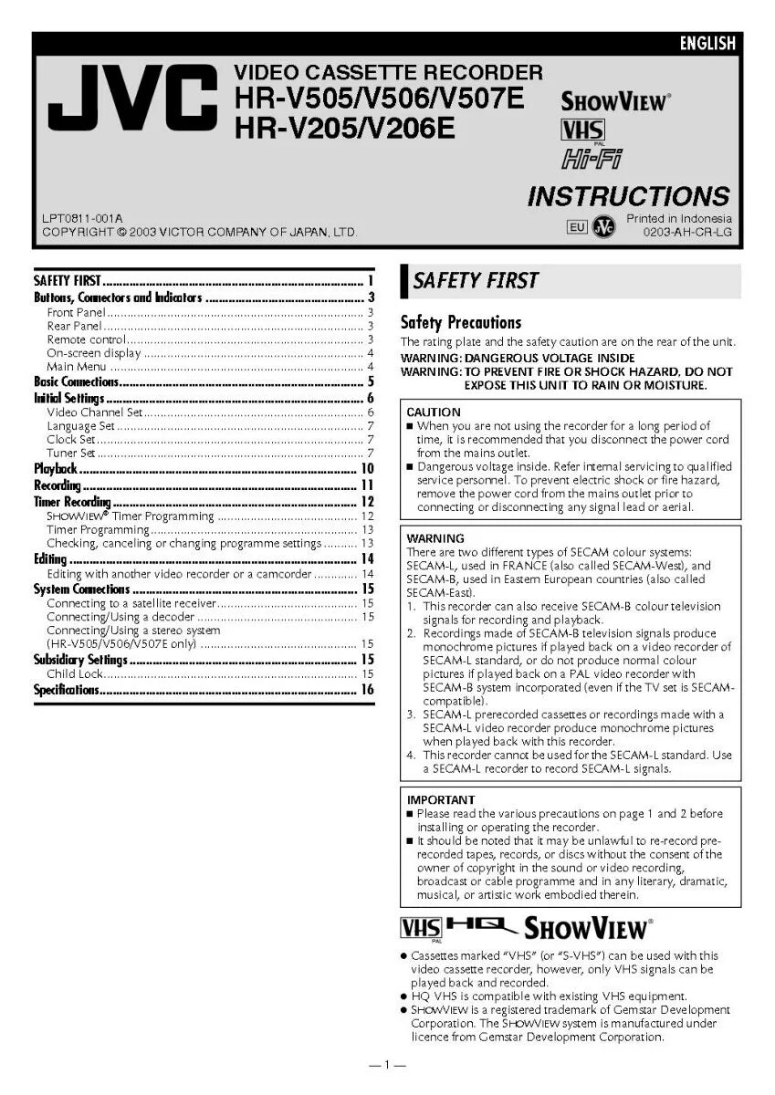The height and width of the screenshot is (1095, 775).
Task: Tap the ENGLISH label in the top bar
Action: coord(707,43)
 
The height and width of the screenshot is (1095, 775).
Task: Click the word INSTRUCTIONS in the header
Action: coord(628,196)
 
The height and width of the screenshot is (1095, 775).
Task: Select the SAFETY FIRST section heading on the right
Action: coord(476,280)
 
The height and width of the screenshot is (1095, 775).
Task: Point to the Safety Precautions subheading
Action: coord(461,322)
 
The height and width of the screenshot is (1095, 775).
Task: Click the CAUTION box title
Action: coord(434,412)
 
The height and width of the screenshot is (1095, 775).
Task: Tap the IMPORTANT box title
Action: coord(441,800)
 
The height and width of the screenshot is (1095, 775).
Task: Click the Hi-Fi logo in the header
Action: coord(591,159)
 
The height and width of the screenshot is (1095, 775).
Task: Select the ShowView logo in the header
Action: coord(614,101)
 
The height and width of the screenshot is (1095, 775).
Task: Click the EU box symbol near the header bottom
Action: coord(577,227)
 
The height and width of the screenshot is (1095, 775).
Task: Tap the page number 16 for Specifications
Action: coord(367,690)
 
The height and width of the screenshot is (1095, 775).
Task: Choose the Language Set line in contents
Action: coord(80,425)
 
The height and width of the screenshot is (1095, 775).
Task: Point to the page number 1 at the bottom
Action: coord(387,1065)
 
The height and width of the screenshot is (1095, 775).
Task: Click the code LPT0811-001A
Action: coord(82,218)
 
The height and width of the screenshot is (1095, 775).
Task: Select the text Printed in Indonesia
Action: coord(678,218)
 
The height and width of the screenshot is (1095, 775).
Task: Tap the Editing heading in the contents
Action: coord(50,558)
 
